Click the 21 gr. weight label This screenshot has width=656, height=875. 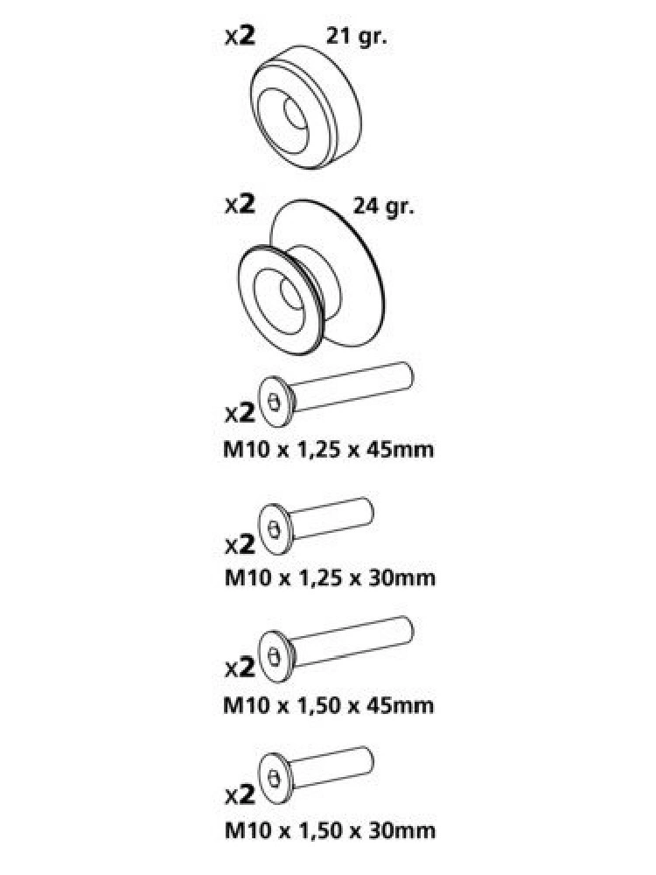[357, 38]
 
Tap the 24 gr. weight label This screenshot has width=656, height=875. [384, 206]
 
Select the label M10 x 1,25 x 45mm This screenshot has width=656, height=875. [329, 449]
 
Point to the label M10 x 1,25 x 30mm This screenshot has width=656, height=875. [330, 577]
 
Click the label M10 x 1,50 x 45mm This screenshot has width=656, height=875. [329, 704]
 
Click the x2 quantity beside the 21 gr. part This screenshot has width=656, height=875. [241, 36]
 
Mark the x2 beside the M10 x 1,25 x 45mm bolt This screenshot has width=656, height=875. [241, 413]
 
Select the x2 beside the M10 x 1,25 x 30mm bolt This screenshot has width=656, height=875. [241, 544]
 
